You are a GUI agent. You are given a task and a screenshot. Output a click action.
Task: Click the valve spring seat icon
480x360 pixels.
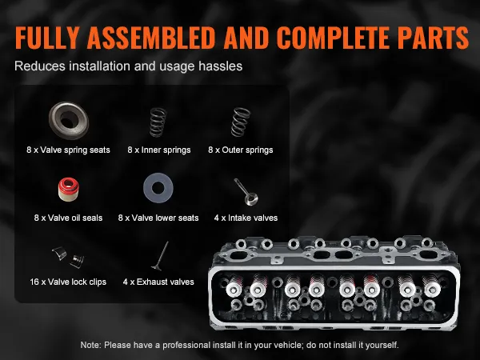[69, 120]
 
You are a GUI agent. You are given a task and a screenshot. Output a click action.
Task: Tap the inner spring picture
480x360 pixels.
[158, 122]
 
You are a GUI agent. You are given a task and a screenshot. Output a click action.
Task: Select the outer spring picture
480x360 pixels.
[241, 122]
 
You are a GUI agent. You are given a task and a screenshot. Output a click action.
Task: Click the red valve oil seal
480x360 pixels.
[69, 190]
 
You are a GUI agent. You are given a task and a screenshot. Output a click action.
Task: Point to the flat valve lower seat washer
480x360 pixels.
[158, 188]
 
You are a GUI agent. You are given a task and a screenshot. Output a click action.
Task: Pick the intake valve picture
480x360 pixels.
[246, 192]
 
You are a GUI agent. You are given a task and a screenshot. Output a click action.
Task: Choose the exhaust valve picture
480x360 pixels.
[160, 256]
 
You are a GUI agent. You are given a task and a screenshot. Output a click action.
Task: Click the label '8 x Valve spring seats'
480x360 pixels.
[68, 150]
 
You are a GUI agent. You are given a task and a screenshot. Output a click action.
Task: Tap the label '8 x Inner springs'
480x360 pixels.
[159, 150]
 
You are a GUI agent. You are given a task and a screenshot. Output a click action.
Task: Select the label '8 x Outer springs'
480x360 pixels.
[241, 150]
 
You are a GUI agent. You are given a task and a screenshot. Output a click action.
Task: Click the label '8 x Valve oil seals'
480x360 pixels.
[68, 218]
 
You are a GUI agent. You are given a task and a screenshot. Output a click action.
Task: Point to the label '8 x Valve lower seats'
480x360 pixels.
[158, 218]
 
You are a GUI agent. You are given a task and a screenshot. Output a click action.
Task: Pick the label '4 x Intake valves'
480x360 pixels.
[246, 218]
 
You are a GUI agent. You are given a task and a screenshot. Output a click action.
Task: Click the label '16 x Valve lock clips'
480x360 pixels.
[68, 282]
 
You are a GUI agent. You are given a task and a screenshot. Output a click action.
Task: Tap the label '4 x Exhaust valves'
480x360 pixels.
[158, 282]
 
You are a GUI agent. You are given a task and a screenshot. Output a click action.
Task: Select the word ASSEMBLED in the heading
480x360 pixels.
[150, 38]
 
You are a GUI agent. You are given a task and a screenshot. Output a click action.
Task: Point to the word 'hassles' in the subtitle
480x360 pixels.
[221, 66]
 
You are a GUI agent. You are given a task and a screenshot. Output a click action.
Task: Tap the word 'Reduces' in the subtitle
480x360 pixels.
[40, 66]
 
